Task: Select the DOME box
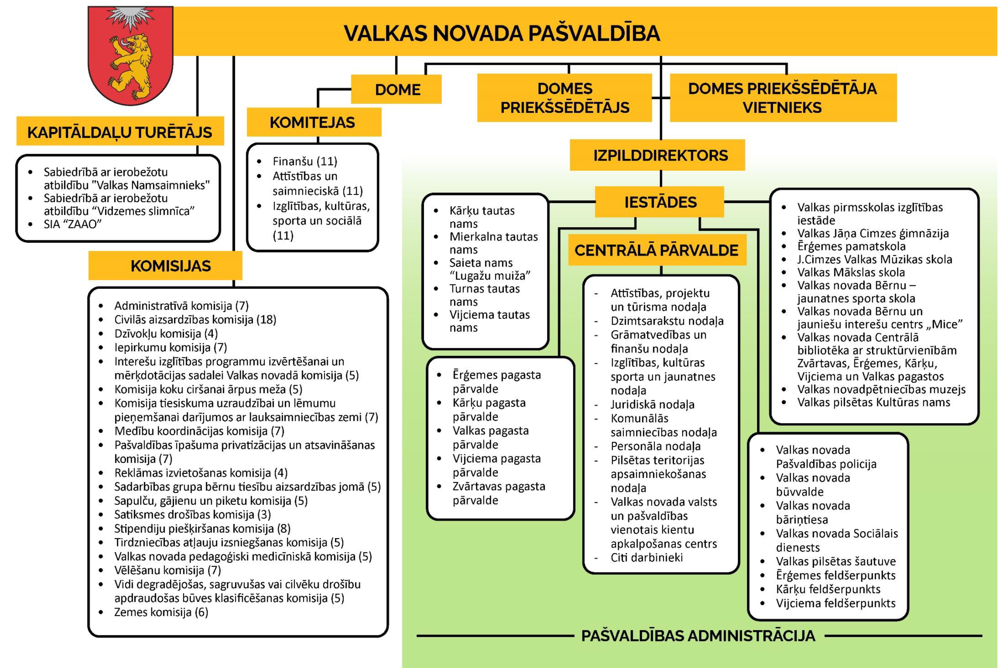pos(397,90)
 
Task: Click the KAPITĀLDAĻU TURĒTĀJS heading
pos(120,132)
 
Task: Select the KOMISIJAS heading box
pos(171,266)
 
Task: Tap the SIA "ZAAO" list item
pos(73,224)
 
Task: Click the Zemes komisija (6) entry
pos(161,612)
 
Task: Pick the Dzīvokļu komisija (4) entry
pos(166,333)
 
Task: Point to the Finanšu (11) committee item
pos(305,161)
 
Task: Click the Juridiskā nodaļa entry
pos(652,404)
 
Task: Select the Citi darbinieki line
pos(646,557)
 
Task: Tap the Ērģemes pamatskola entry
pos(851,246)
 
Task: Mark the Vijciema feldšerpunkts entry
pos(835,603)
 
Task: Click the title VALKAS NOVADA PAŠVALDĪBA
pos(502,33)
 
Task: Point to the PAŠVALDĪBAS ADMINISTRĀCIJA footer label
pos(698,636)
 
